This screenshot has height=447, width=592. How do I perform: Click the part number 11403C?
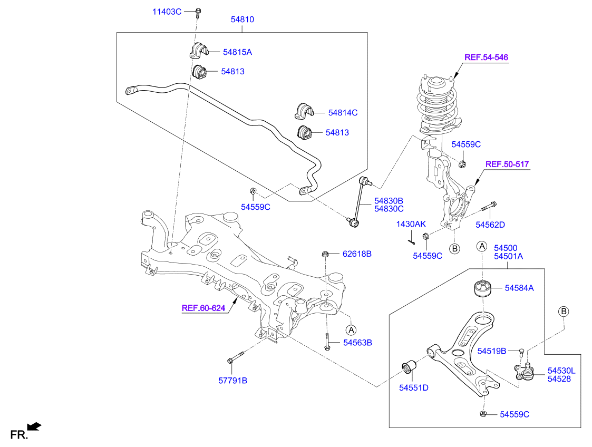[167, 11]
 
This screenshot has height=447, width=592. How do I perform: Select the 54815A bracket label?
[237, 52]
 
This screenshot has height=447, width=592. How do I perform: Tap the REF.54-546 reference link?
[486, 57]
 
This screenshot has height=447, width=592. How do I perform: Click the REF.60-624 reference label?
[203, 308]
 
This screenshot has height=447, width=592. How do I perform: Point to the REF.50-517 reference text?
[507, 165]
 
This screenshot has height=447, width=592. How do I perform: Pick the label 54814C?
[343, 113]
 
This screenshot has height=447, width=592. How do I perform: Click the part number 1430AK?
[411, 224]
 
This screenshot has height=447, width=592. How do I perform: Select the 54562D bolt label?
[490, 225]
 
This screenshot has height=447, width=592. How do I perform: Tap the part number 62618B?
[357, 254]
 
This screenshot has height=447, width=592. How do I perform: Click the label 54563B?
[357, 343]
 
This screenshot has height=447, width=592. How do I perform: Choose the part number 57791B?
[232, 380]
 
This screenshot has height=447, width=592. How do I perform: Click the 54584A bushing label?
[519, 288]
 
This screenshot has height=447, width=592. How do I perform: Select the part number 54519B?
[491, 351]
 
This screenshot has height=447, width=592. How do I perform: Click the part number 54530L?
[561, 371]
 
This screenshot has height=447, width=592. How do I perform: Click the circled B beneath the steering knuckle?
[453, 248]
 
